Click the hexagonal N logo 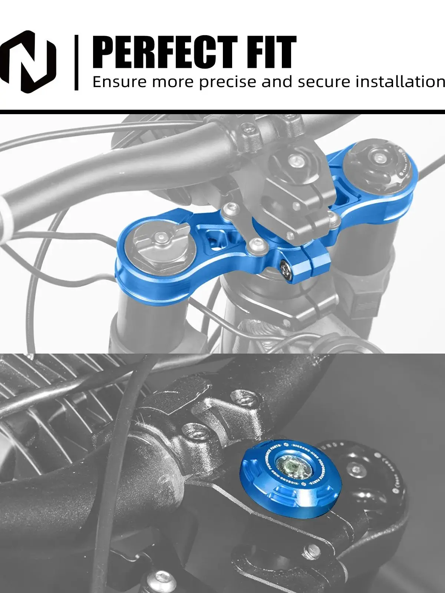pos(28,61)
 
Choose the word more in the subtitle pos(172,82)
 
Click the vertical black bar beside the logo pos(76,62)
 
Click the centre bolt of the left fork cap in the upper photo pos(161,236)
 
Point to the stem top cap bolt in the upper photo pos(295,160)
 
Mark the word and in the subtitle pos(276,82)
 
